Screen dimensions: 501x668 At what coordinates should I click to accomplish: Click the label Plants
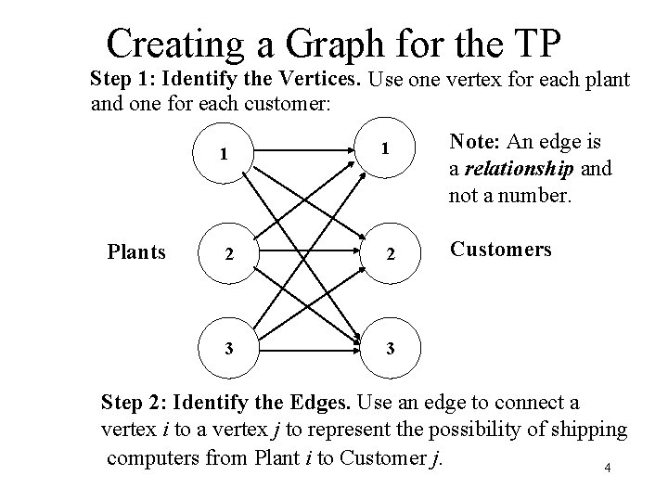[x=135, y=251]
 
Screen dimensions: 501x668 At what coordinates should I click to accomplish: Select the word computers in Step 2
[x=151, y=457]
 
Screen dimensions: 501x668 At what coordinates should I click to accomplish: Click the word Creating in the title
[x=174, y=44]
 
